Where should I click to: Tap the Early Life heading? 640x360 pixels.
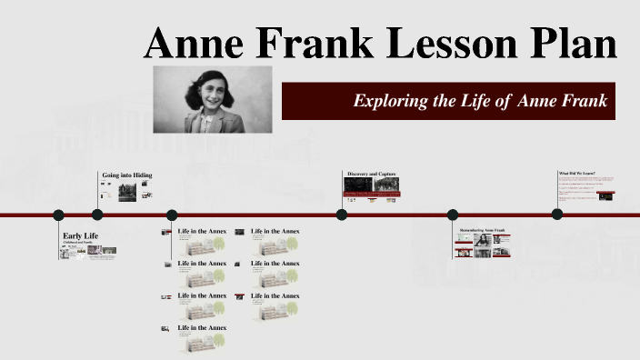[80, 236]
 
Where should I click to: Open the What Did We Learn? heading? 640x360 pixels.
[576, 173]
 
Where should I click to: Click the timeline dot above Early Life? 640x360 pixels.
[59, 215]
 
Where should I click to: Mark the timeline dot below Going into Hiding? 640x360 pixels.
[97, 215]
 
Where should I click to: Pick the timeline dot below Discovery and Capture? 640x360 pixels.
[342, 215]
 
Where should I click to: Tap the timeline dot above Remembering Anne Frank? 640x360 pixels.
[453, 215]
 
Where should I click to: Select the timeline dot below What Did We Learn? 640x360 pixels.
[557, 215]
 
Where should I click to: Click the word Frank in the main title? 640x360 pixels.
[322, 44]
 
